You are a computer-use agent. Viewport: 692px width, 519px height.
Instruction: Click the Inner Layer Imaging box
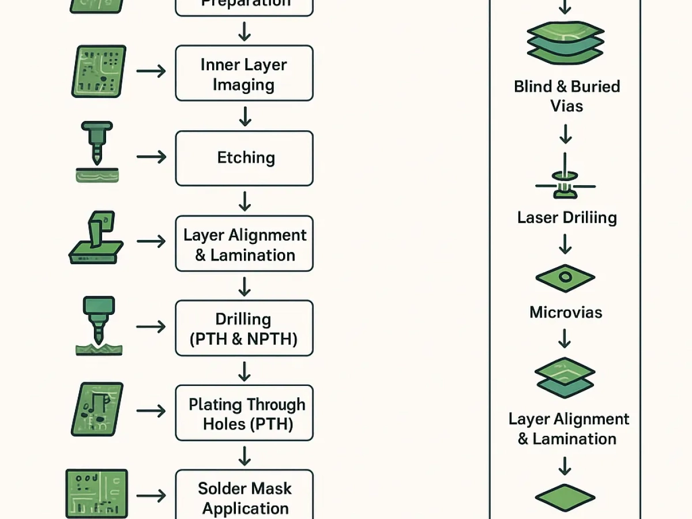coord(244,74)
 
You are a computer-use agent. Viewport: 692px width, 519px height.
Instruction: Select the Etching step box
coord(244,158)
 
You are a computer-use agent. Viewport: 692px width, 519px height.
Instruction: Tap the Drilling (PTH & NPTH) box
coord(244,328)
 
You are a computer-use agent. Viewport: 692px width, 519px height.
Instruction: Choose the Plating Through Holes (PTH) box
coord(244,413)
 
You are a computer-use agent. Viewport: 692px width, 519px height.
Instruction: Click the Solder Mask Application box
coord(244,497)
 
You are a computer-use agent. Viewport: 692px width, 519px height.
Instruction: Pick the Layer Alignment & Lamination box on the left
coord(244,244)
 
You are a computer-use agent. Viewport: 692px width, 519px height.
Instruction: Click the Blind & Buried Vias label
coord(566,96)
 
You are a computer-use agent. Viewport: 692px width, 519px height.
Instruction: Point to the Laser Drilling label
coord(566,217)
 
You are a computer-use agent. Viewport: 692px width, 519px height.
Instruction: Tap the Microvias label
coord(565,312)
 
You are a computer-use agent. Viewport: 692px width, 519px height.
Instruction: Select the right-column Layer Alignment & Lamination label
coord(567,428)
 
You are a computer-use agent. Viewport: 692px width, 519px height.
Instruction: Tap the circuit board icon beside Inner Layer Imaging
coord(98,72)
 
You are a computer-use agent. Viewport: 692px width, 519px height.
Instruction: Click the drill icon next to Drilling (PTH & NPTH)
coord(98,325)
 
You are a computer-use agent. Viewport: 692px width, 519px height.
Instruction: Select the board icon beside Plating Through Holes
coord(97,409)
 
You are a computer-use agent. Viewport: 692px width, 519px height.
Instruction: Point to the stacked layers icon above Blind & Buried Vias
coord(566,44)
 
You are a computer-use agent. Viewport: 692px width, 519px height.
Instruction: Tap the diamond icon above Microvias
coord(565,279)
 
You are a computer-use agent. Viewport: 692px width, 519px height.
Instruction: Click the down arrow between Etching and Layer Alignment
coord(245,201)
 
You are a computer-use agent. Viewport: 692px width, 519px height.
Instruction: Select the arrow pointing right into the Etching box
coord(151,157)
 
